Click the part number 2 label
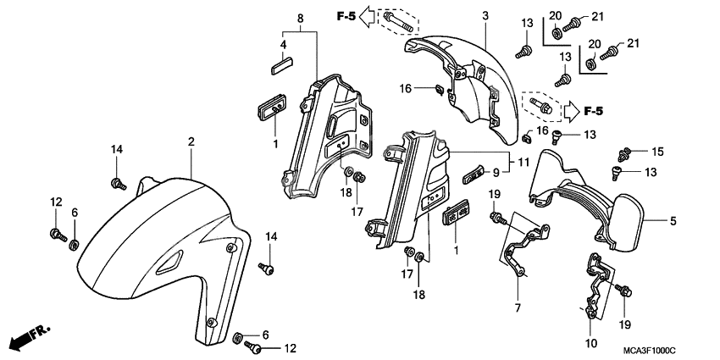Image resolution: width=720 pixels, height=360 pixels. [x=191, y=142]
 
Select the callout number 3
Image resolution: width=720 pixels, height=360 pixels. [x=485, y=16]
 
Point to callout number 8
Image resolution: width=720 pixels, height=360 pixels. [x=299, y=18]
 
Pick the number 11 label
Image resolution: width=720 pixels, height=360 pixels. [x=523, y=160]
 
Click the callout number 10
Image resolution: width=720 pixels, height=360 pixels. [x=590, y=343]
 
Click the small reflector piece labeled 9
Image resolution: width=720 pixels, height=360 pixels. [x=472, y=176]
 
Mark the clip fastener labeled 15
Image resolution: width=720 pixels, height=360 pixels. [x=627, y=154]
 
